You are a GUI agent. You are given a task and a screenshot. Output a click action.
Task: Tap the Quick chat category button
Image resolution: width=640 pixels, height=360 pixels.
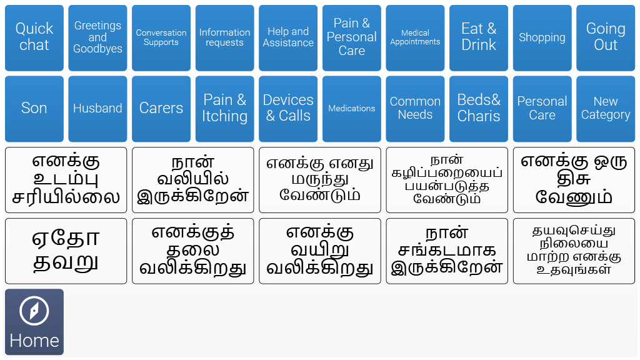(34, 38)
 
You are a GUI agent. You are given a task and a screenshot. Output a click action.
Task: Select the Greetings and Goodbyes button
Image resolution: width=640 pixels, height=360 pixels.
(97, 38)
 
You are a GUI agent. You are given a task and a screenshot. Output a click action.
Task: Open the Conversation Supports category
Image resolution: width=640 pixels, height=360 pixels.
(161, 38)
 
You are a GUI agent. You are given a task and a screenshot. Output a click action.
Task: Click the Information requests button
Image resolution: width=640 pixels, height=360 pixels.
(224, 38)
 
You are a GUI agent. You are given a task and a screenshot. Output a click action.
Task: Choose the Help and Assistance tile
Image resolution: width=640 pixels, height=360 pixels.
(288, 38)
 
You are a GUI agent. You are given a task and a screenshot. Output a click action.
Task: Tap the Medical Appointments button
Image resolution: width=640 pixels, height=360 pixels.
(415, 38)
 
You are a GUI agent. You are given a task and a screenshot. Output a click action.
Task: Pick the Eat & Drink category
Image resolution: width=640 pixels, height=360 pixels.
(479, 38)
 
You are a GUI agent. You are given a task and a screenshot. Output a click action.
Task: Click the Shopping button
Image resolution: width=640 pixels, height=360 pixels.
(542, 38)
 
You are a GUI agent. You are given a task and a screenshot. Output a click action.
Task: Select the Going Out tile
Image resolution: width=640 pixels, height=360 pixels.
(606, 38)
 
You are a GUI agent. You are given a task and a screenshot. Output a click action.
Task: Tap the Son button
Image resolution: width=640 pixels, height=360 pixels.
(34, 109)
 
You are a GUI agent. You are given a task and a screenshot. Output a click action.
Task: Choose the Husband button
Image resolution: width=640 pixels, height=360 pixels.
(97, 109)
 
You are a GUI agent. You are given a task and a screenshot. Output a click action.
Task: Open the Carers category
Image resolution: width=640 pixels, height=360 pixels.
(161, 109)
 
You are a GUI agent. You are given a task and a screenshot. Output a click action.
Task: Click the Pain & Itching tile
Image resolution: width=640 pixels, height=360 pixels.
(224, 109)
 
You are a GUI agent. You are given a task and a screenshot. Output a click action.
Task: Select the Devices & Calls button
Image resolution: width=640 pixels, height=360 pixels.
(288, 109)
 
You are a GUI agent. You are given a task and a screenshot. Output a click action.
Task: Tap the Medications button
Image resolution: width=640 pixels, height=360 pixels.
(351, 109)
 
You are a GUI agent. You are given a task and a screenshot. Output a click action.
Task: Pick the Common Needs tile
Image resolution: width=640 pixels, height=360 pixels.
(415, 109)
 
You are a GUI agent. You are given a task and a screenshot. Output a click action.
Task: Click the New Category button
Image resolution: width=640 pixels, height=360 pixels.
(606, 109)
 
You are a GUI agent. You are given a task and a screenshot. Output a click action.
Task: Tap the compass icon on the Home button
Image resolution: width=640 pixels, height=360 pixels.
(34, 311)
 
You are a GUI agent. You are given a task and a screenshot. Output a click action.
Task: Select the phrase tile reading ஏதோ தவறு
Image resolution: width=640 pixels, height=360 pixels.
(66, 251)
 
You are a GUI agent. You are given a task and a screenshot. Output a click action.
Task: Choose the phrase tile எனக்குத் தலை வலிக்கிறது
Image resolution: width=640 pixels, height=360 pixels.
(193, 251)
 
